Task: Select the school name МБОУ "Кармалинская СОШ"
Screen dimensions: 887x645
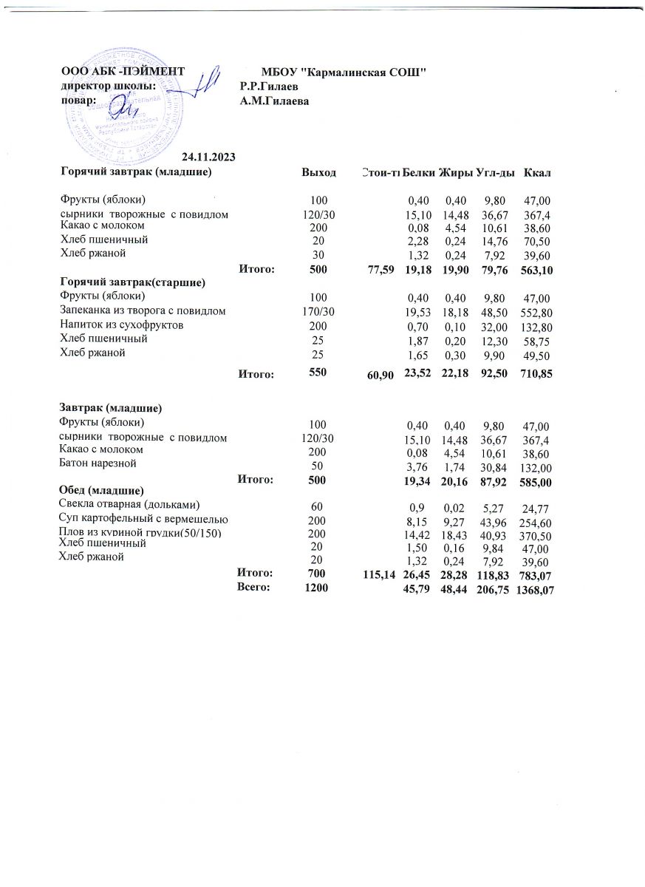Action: point(345,72)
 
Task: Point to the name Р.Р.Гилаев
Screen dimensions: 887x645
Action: point(269,86)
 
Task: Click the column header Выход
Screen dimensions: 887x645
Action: point(318,172)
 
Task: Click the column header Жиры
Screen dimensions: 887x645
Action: point(456,172)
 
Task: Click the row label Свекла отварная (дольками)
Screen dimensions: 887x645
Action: point(129,505)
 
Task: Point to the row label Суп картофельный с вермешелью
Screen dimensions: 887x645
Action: point(142,520)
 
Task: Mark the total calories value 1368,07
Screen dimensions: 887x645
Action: point(536,589)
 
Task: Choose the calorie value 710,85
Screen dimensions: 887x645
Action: point(536,375)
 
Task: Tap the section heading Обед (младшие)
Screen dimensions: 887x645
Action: point(100,491)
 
